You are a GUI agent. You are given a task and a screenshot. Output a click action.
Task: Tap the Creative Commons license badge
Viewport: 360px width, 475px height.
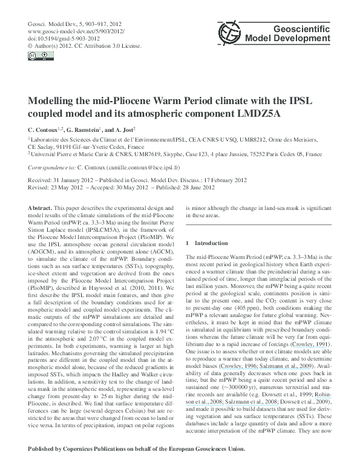click(36, 56)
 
